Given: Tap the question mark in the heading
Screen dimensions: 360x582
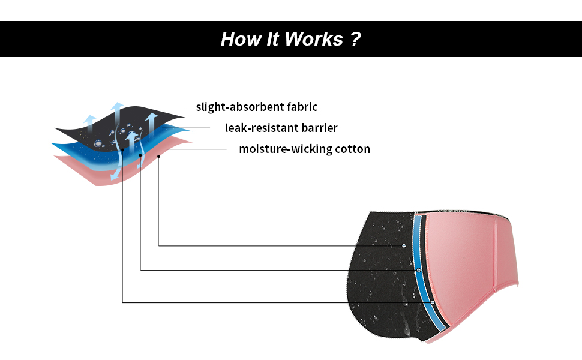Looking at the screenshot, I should click(x=355, y=40).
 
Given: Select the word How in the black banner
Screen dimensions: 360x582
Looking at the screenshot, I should click(x=239, y=40).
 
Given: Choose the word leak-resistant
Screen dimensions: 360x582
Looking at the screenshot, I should click(x=258, y=128).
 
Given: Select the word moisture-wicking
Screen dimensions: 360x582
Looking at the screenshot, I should click(x=284, y=149).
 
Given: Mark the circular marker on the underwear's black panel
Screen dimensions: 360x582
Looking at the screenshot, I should click(x=404, y=245).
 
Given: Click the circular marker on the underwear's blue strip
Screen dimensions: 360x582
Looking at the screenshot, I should click(x=418, y=271).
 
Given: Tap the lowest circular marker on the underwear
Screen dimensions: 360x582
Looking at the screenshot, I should click(x=433, y=302).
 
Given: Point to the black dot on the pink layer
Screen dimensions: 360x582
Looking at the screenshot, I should click(x=158, y=156).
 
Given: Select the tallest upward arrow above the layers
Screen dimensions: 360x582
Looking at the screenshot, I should click(x=118, y=112).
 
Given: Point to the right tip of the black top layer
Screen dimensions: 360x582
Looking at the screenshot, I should click(x=185, y=118).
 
